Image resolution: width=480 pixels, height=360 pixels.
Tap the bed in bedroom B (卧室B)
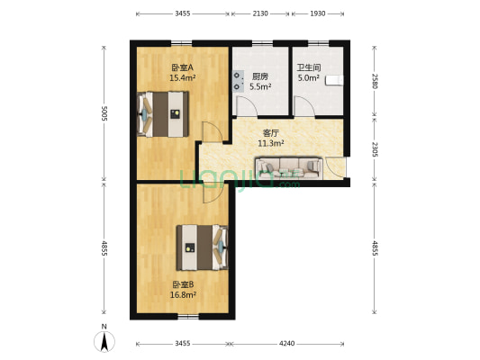coord(202,247)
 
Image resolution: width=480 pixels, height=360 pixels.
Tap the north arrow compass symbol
coord(104,339)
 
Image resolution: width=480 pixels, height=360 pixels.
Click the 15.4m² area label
coord(182,78)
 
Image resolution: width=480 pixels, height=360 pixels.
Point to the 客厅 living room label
coord(272,132)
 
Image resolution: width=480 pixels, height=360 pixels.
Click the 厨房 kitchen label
coord(261,76)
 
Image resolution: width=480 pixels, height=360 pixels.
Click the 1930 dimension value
coord(319,14)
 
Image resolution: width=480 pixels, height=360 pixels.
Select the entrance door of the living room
coord(335,167)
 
